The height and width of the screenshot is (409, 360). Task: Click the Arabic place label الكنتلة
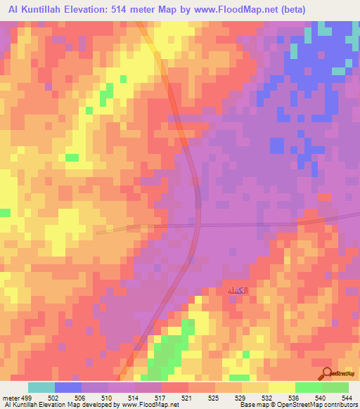[x=237, y=290]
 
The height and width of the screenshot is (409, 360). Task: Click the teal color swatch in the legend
[x=41, y=387]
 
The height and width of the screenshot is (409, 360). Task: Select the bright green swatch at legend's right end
[x=335, y=387]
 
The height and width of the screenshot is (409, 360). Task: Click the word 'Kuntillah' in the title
[x=45, y=10]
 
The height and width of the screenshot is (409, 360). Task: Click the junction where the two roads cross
[x=199, y=226]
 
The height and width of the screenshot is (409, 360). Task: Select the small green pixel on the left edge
[x=5, y=212]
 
